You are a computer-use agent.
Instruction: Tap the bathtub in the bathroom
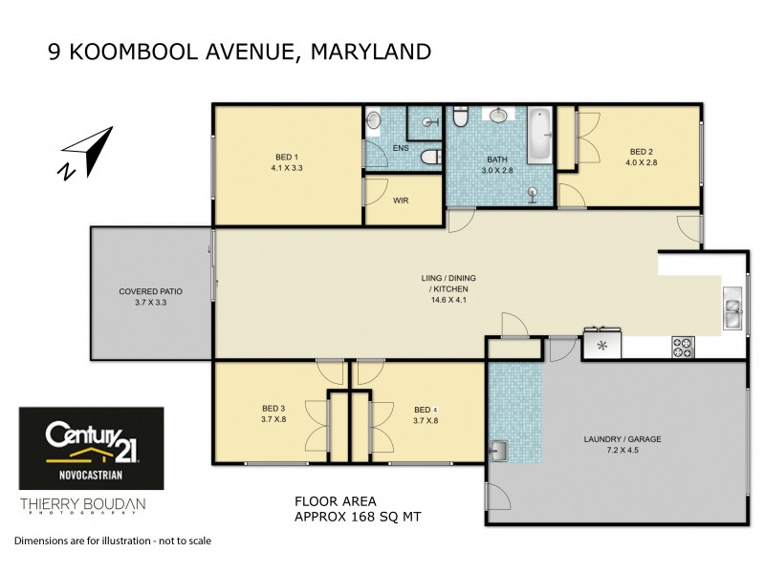(539, 137)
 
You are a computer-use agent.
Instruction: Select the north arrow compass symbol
(85, 154)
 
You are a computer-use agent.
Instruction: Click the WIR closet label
(402, 201)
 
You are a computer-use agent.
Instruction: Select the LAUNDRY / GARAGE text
(623, 439)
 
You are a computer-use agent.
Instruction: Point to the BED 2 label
(642, 151)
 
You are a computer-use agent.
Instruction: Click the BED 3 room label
(274, 407)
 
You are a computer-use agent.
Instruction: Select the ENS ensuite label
(401, 149)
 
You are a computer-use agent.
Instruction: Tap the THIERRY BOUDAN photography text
(83, 505)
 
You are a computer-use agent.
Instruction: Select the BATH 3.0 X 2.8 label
(497, 165)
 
